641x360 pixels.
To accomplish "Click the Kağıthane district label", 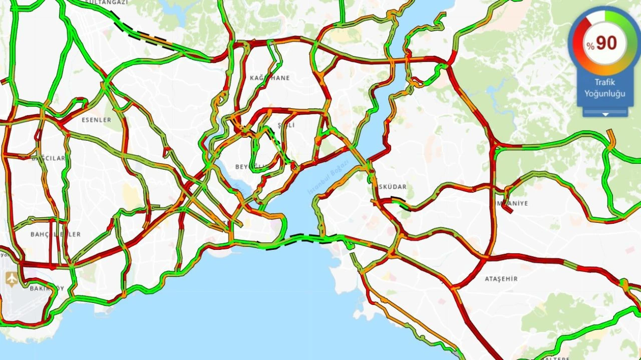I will click(269, 78).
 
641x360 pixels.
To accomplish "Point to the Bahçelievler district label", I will click(55, 234).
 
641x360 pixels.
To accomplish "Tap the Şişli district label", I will click(286, 125).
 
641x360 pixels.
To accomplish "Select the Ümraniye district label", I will click(511, 203).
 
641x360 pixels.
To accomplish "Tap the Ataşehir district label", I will click(501, 279).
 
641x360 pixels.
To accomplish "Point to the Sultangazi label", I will click(106, 3).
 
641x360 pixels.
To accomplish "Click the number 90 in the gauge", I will click(606, 43).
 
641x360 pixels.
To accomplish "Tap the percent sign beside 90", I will click(591, 46).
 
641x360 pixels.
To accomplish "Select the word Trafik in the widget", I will click(604, 83).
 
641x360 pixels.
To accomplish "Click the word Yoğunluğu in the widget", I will click(604, 94).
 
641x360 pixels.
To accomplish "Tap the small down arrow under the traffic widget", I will click(605, 115).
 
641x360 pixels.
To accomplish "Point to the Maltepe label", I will click(554, 357).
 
